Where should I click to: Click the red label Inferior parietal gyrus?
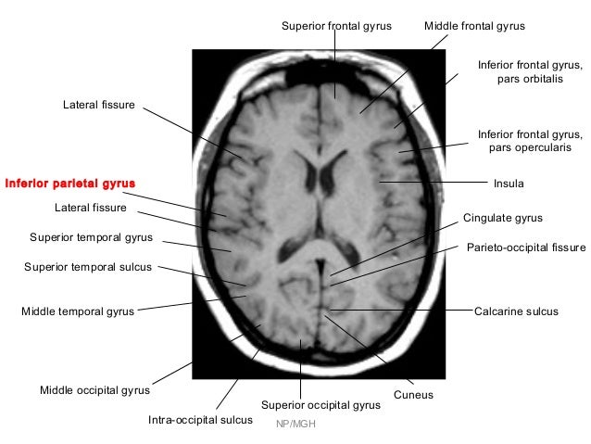coord(63,183)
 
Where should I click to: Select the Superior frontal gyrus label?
coord(336,26)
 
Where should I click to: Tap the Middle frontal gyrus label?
coord(474,26)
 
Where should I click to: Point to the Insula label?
coord(509,184)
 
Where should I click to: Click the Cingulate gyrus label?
coord(502,218)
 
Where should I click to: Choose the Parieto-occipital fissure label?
coord(526,248)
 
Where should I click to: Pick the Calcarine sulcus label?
coord(516,311)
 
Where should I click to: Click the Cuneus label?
coord(413,396)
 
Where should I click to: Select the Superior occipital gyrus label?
coord(321,405)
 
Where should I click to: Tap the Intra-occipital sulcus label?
coord(200,420)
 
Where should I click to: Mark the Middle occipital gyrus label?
coord(94,390)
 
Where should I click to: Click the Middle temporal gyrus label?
coord(78,311)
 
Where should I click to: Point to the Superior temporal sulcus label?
coord(87,268)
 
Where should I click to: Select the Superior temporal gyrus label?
coord(91,237)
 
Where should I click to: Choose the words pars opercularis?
coord(530,149)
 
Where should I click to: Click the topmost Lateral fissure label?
coord(98,106)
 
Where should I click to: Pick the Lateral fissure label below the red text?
coord(90,207)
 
